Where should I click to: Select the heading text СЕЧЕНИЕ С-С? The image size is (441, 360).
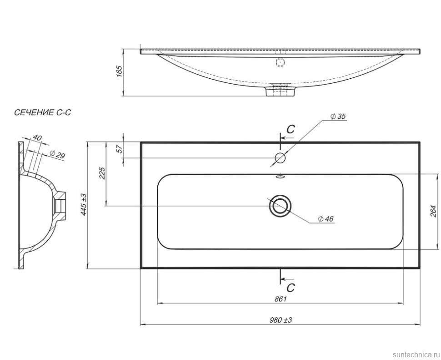(x=43, y=112)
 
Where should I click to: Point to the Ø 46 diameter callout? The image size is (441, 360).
(x=326, y=219)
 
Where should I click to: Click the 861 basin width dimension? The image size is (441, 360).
(x=281, y=299)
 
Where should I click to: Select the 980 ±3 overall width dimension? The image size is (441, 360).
(x=281, y=320)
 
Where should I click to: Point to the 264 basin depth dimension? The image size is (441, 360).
(x=432, y=212)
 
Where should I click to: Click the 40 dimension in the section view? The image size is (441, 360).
(x=37, y=138)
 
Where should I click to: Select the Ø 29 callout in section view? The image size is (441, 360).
(x=57, y=155)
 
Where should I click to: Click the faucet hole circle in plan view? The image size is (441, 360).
(x=280, y=158)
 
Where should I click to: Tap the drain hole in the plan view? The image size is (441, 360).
(x=280, y=206)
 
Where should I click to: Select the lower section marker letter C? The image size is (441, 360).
(x=291, y=287)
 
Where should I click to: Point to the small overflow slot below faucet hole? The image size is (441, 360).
(x=280, y=177)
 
